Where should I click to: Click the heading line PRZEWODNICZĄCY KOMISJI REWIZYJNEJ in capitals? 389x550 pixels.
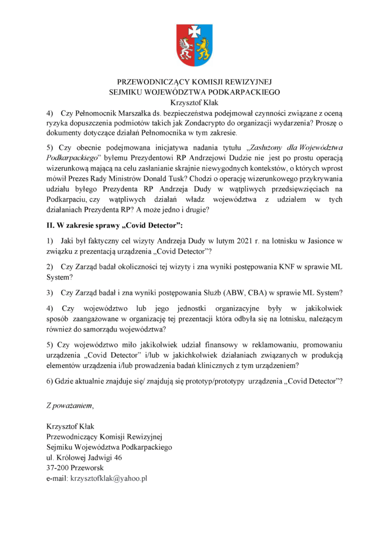[195, 83]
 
